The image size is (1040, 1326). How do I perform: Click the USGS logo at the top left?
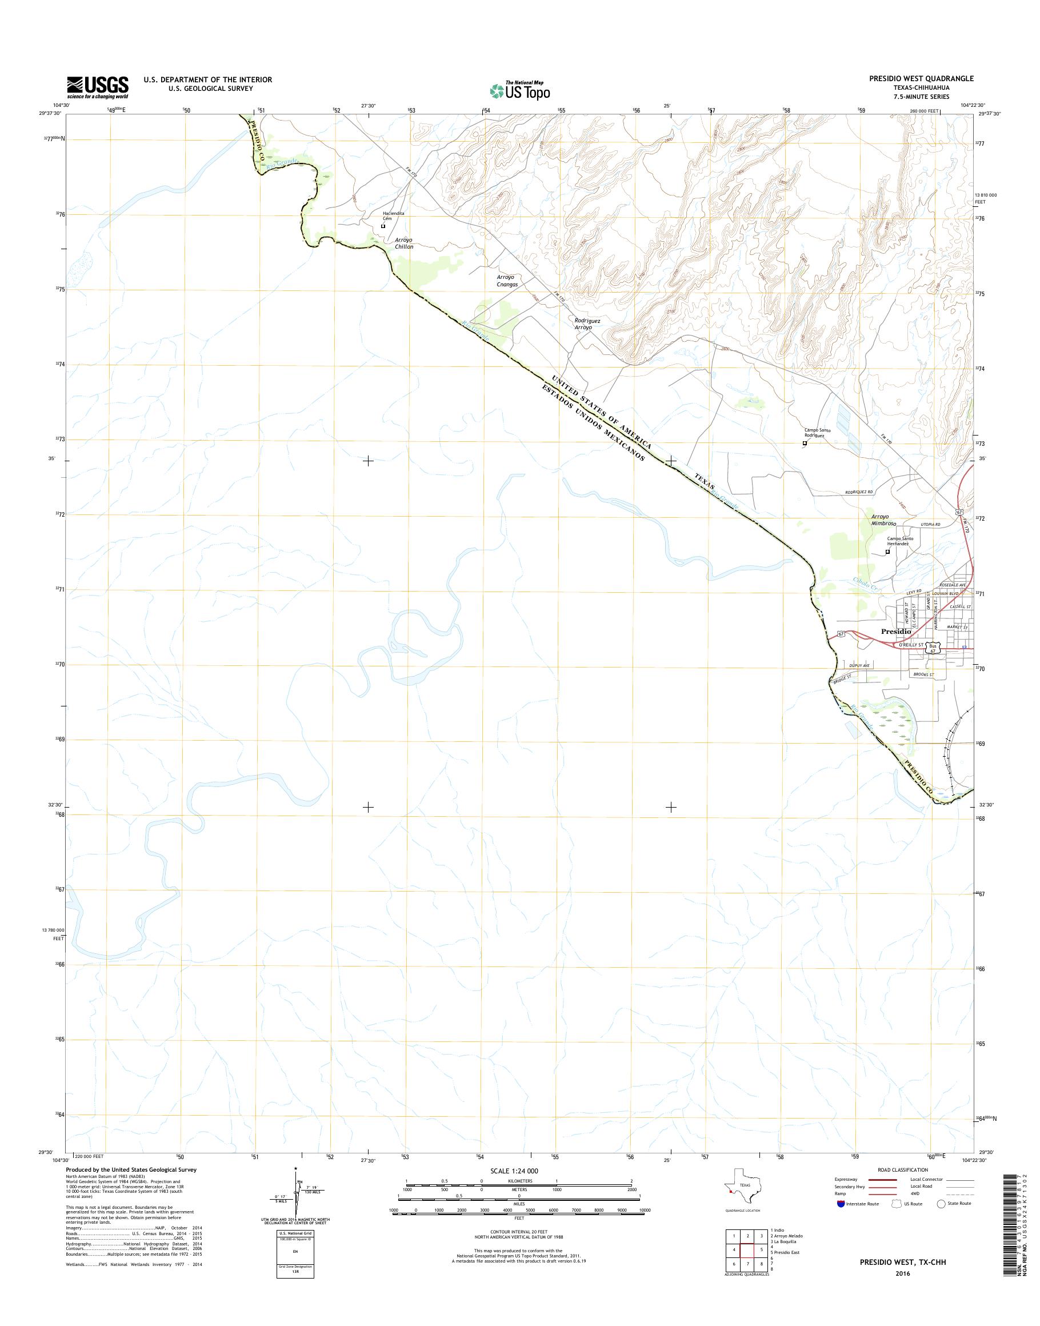click(97, 87)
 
